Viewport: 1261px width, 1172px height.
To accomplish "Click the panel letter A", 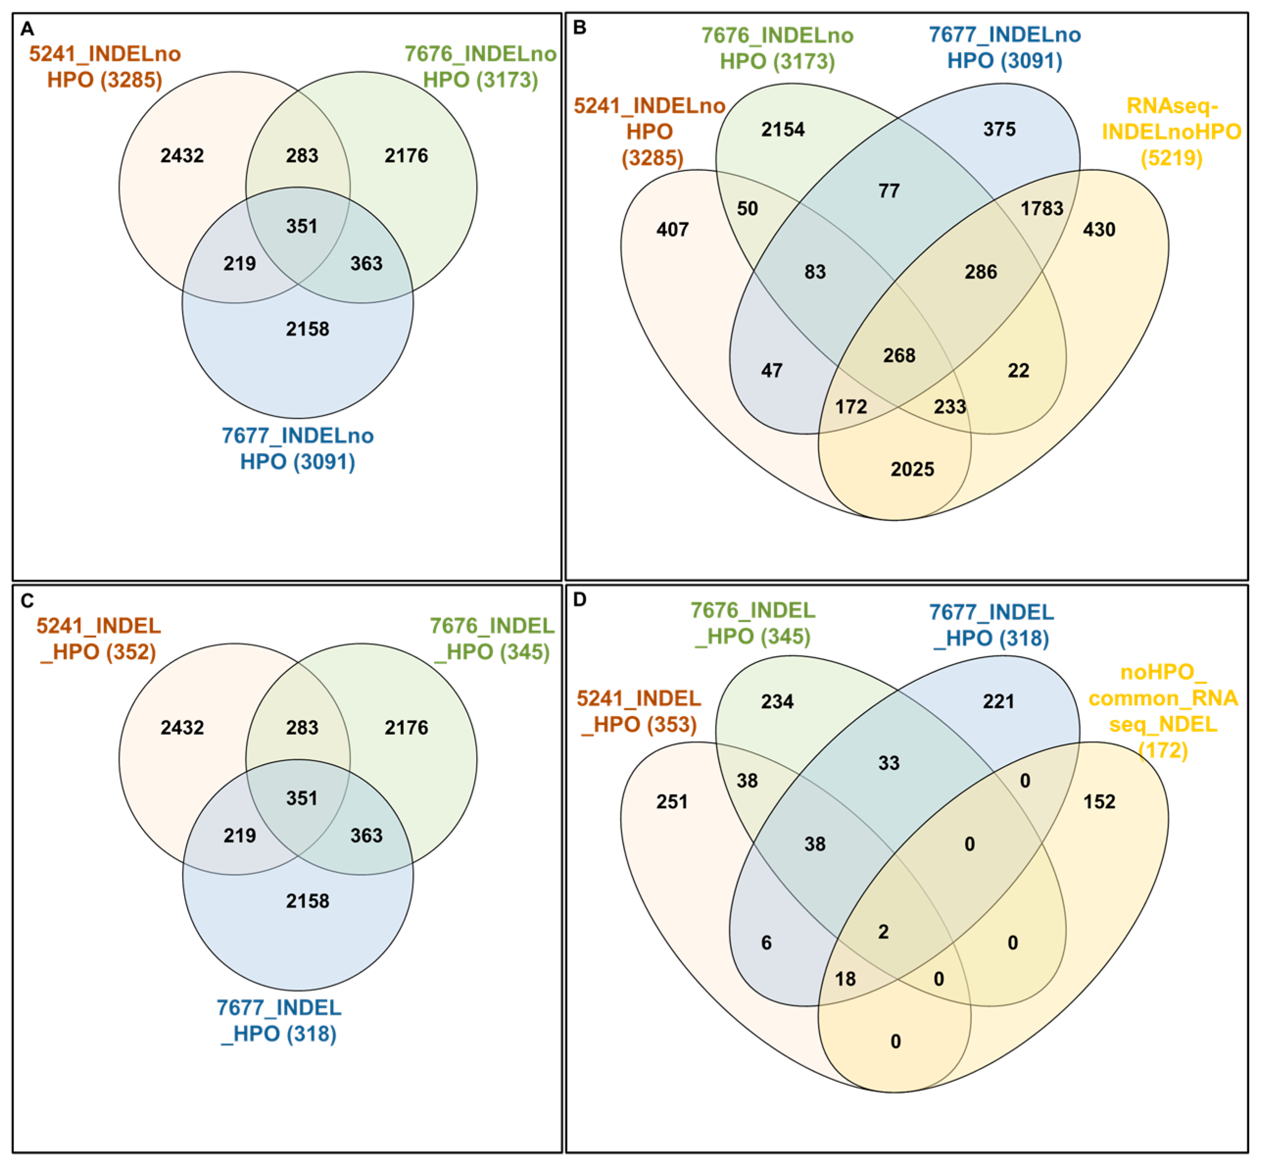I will [x=27, y=29].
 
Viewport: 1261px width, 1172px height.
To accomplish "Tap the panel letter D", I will [x=579, y=599].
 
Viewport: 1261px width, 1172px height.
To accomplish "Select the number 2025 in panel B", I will [x=912, y=469].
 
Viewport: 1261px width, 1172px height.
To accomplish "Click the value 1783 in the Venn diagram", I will [x=1042, y=208].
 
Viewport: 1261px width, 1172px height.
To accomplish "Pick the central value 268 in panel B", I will [x=899, y=355].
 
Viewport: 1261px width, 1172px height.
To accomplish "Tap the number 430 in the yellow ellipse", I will [x=1099, y=230].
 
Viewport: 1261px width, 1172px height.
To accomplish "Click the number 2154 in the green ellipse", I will [x=783, y=129].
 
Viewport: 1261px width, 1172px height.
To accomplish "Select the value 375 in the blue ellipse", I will [x=999, y=129].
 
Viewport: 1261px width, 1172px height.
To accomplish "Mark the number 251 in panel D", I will [x=672, y=802].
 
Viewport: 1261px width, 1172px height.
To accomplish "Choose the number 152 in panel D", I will [x=1099, y=802].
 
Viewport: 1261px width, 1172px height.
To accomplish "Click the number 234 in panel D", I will [x=777, y=701].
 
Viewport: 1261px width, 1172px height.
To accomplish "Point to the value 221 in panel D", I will [x=999, y=701].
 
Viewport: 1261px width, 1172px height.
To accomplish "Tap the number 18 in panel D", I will [x=846, y=979].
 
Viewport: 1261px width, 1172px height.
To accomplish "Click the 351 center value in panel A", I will [x=302, y=226].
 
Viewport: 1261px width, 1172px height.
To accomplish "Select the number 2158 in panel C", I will [x=308, y=901].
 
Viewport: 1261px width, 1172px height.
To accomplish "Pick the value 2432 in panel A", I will [x=182, y=155].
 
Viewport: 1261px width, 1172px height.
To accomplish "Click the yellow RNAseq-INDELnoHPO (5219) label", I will [x=1171, y=132].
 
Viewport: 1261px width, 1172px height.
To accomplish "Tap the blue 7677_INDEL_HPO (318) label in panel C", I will [x=279, y=1021].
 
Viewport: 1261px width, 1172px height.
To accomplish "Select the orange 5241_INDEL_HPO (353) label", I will [x=639, y=712].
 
